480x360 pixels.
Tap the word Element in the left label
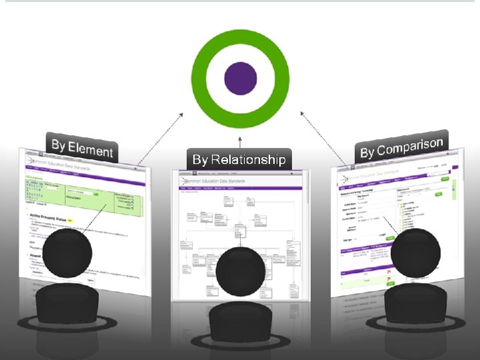[91, 149]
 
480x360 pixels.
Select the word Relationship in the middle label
[249, 159]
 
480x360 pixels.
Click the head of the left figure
[69, 253]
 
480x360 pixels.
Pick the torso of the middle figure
[240, 321]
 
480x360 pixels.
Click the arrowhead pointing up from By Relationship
[240, 135]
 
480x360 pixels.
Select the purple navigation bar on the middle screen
[240, 188]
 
